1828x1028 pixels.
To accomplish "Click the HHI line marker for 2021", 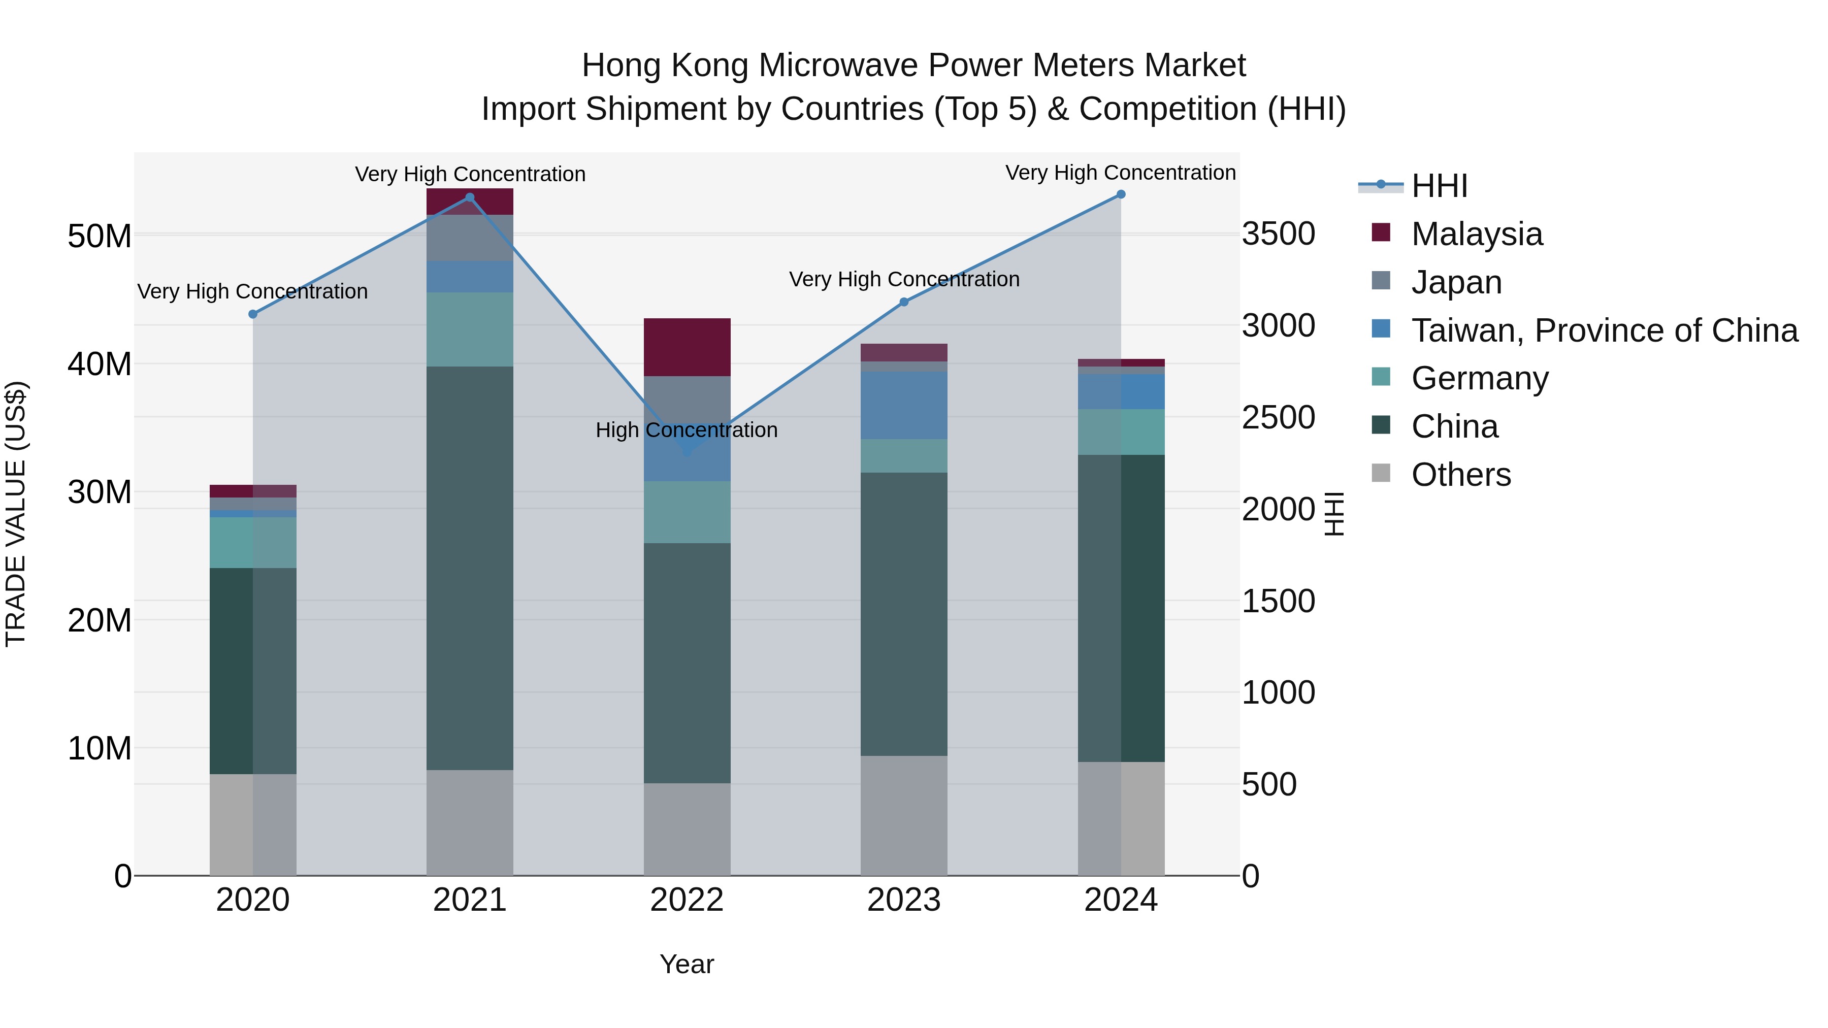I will pos(469,197).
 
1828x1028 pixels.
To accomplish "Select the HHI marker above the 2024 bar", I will pos(1121,194).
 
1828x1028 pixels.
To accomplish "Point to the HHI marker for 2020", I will pos(253,314).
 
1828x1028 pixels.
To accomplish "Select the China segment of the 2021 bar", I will pos(469,568).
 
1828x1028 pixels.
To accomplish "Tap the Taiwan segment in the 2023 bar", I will pos(903,405).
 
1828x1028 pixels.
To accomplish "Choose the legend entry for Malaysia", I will pos(1476,234).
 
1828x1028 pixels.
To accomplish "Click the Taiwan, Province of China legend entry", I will pos(1604,330).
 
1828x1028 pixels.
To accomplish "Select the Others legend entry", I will pos(1460,474).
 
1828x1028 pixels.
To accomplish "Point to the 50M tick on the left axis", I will pos(100,236).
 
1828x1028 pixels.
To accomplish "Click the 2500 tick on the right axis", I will pos(1278,417).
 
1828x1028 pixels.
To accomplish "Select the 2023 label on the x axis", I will pos(903,900).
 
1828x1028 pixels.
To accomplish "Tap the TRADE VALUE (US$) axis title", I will pos(16,514).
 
